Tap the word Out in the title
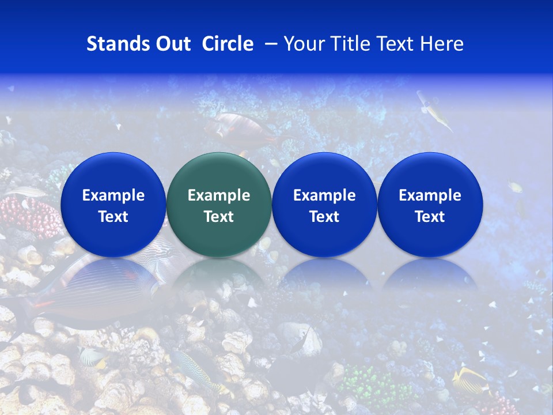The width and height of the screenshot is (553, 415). pos(171,44)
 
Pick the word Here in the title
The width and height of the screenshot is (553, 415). pos(442,44)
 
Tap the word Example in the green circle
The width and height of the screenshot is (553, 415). pos(219,195)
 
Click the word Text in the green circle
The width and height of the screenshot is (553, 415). pos(219,217)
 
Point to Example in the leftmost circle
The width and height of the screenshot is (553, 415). pos(113,195)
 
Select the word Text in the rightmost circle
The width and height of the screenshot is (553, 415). pos(430,217)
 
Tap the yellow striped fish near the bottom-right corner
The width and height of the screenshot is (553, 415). pos(469,380)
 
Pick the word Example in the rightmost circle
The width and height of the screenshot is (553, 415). pos(430,195)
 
